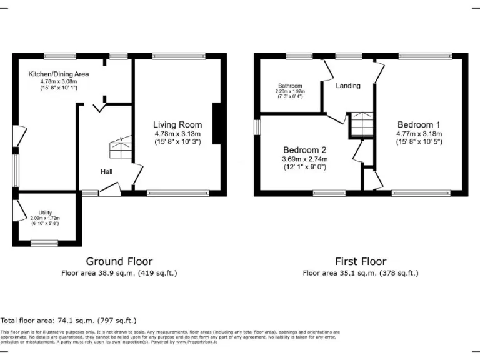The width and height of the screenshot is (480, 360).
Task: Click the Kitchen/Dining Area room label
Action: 59,74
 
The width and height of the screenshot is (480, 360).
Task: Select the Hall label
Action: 107,171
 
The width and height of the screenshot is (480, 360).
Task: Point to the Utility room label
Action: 45,212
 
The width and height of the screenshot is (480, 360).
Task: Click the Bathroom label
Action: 290,86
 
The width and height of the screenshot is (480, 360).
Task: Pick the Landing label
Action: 348,86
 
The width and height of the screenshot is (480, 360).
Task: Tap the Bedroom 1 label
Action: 419,124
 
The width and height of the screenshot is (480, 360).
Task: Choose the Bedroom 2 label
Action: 305,150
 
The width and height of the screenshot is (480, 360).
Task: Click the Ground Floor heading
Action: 119,261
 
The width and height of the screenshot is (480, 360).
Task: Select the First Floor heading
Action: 361,261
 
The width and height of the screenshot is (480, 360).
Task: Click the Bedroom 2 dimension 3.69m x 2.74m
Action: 305,159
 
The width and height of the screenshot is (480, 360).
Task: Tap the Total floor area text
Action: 68,320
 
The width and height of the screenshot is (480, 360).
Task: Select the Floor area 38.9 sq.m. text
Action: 119,273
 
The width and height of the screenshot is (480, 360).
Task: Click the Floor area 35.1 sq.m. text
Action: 361,273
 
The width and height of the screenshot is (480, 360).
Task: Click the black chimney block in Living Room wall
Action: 217,124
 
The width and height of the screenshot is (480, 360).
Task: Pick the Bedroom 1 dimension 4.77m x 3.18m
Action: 419,134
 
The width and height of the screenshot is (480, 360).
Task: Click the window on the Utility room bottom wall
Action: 44,242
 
